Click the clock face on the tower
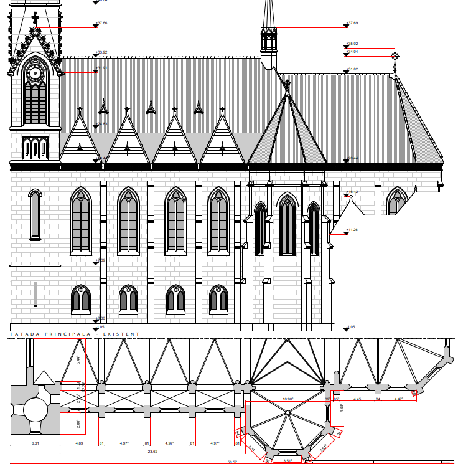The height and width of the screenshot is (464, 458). (x=35, y=73)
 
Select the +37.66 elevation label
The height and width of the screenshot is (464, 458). (x=101, y=23)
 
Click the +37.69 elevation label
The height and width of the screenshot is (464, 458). (x=352, y=23)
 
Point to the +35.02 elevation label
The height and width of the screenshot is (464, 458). (x=352, y=44)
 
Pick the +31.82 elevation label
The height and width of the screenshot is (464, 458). (x=352, y=69)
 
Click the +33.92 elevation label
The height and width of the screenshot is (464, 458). (x=101, y=52)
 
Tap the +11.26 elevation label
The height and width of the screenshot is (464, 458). (x=352, y=230)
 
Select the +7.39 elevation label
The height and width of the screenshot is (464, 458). (x=100, y=260)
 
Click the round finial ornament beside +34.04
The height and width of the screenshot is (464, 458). (x=394, y=56)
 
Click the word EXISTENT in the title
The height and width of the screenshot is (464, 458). (x=122, y=334)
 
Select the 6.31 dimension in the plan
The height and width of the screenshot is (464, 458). (x=35, y=443)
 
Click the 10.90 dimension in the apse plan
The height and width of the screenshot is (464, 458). (x=288, y=399)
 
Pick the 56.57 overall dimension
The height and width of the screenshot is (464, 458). (x=232, y=462)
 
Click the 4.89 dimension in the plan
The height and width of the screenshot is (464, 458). (x=80, y=443)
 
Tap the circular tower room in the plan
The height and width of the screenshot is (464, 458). (x=35, y=412)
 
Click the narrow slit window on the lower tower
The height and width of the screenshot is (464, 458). (x=35, y=295)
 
